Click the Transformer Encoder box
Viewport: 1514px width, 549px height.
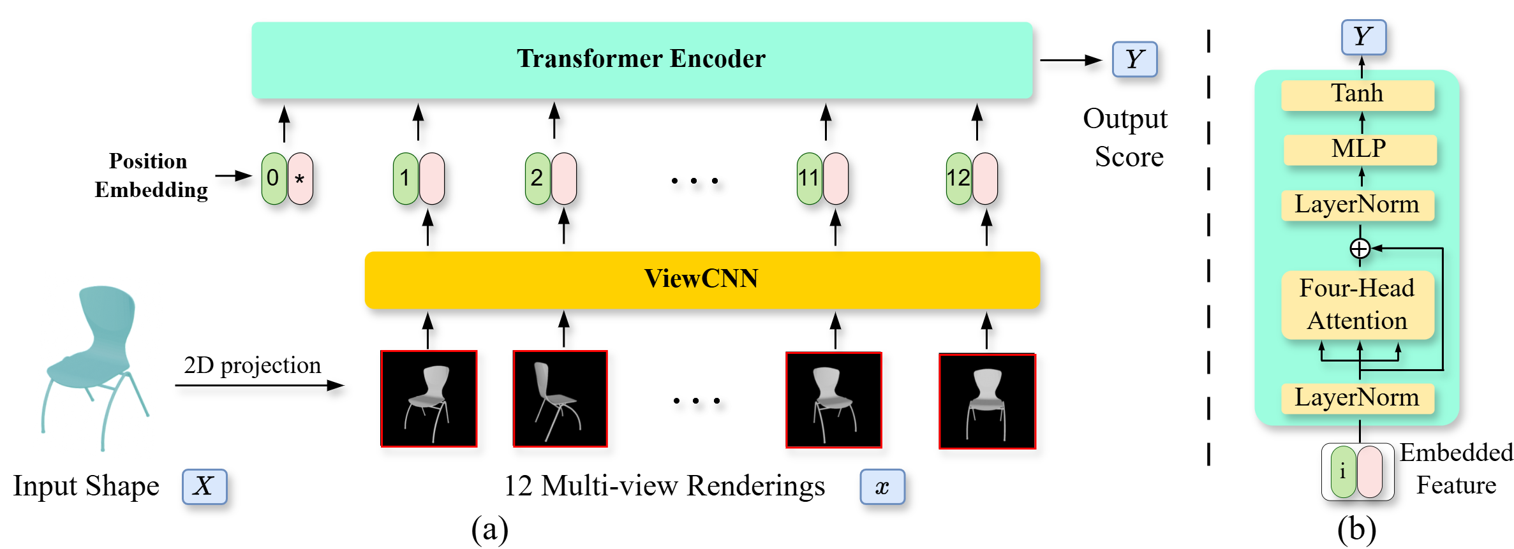point(641,60)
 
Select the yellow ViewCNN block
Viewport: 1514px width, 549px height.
point(702,279)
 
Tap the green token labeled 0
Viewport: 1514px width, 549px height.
point(274,179)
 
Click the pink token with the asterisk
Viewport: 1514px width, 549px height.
point(300,179)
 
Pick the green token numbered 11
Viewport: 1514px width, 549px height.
point(809,179)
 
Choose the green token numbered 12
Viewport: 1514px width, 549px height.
point(958,179)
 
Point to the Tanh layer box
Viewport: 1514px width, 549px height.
point(1357,94)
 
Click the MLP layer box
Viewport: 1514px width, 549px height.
point(1359,149)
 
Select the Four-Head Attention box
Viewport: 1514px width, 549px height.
point(1357,305)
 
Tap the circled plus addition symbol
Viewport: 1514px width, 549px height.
point(1360,248)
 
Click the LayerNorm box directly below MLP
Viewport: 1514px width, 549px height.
point(1357,205)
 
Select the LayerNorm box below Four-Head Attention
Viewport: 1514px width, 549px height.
point(1357,398)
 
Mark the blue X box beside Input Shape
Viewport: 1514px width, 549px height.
point(204,487)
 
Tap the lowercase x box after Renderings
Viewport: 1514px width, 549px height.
point(882,487)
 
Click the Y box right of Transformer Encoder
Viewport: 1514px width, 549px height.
point(1134,59)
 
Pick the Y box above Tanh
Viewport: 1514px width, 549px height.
point(1363,37)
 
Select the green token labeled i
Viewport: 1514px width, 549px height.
point(1343,472)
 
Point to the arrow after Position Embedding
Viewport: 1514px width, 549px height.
point(234,175)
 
